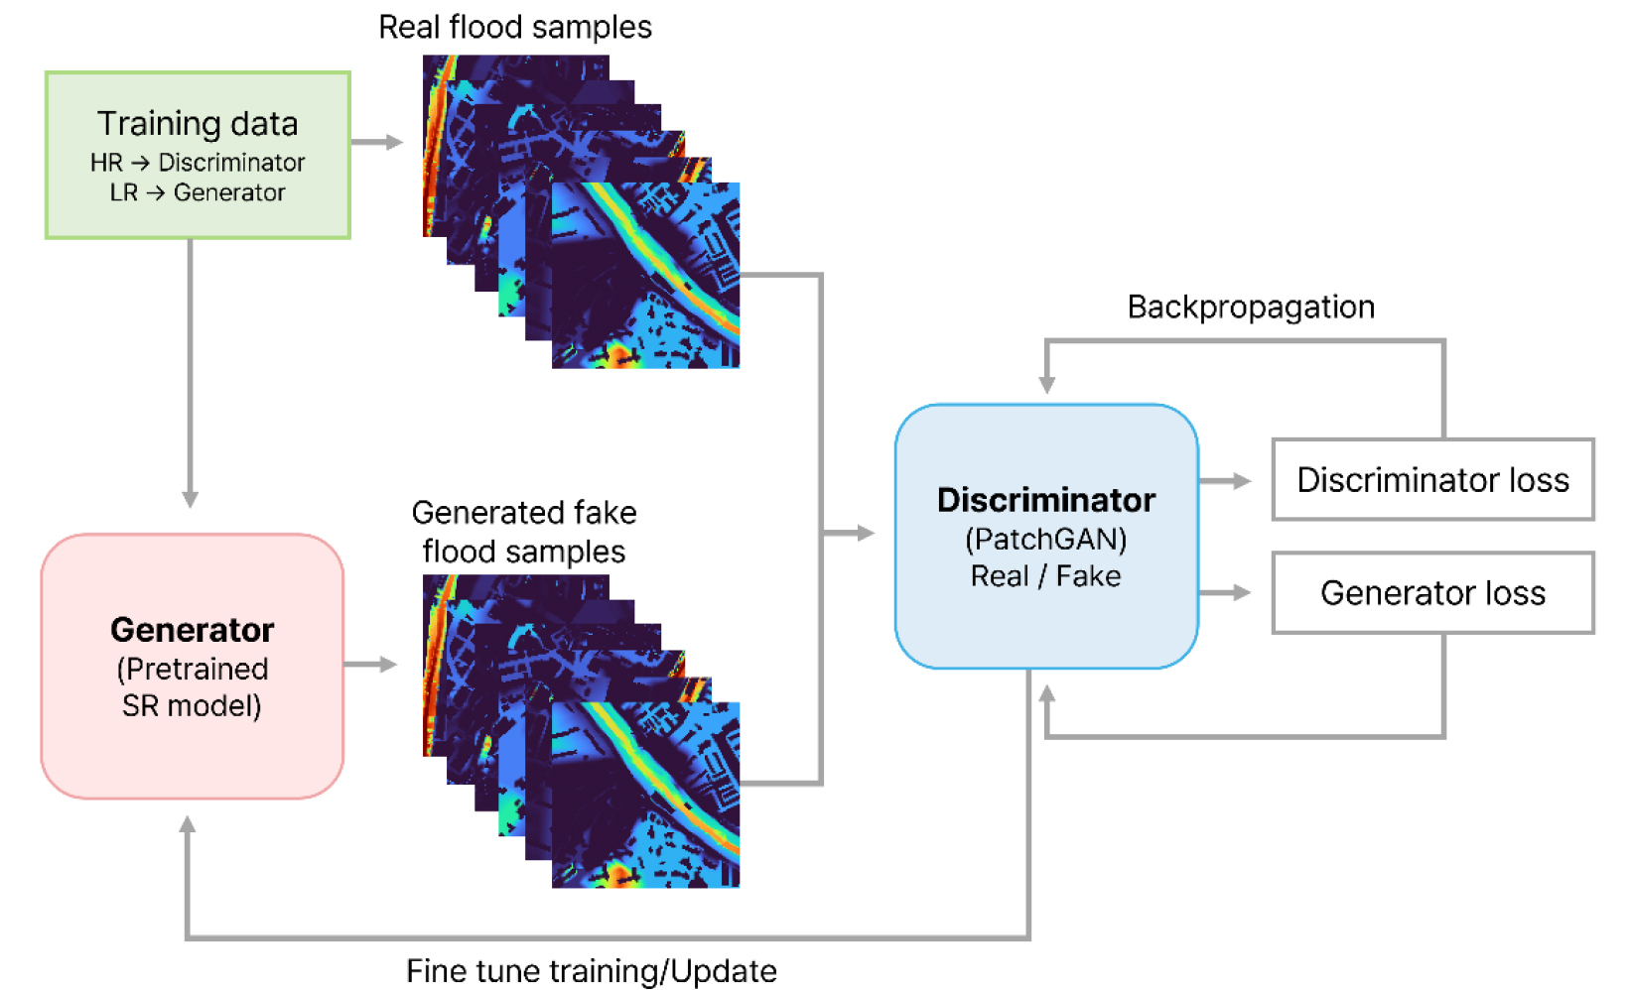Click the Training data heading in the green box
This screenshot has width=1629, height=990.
[x=198, y=124]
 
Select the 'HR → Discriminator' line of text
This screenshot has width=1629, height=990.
[x=198, y=162]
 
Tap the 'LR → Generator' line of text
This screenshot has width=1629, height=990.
[x=198, y=192]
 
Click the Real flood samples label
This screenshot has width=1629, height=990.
[x=514, y=27]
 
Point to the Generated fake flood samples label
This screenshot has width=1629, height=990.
[x=523, y=532]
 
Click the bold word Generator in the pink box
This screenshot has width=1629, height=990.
[x=192, y=630]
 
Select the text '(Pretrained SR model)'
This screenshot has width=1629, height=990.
[x=192, y=687]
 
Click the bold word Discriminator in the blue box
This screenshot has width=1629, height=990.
[x=1046, y=500]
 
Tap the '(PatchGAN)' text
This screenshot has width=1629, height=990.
[x=1046, y=539]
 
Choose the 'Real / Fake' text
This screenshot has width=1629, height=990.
[x=1046, y=576]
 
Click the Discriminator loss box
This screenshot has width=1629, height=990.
[x=1432, y=480]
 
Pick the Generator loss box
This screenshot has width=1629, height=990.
[x=1432, y=593]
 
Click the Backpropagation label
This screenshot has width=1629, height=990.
[x=1251, y=308]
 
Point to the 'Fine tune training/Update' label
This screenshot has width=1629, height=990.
[x=592, y=970]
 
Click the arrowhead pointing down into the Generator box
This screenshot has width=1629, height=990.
[x=190, y=498]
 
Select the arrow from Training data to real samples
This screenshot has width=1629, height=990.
[x=376, y=142]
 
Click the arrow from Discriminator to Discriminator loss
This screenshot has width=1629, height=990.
[x=1225, y=481]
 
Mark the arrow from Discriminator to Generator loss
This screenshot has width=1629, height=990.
[x=1225, y=593]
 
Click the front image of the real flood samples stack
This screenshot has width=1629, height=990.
[x=645, y=276]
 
